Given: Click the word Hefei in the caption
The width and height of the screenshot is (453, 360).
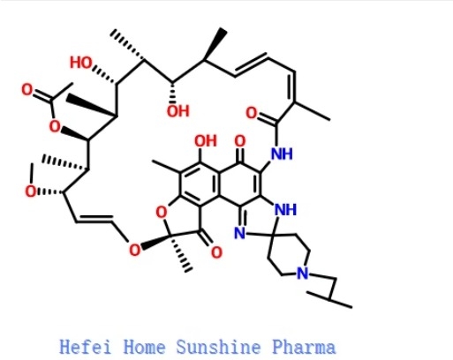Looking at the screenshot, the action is click(x=86, y=347).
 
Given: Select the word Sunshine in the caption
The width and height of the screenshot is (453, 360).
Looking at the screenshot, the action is click(x=218, y=347).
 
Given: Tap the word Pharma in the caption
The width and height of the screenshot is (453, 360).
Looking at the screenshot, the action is click(x=304, y=347).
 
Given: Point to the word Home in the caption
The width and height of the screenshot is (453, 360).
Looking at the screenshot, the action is click(x=144, y=347).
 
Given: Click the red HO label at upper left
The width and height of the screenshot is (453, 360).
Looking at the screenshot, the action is click(x=81, y=63).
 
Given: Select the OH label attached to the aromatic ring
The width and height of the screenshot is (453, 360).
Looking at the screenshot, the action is click(x=206, y=141).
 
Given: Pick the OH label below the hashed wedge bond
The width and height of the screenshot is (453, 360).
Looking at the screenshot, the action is click(x=178, y=111).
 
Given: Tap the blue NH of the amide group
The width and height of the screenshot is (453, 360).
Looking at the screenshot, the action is click(x=282, y=154).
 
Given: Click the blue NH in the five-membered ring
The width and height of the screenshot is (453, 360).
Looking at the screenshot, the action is click(x=285, y=210).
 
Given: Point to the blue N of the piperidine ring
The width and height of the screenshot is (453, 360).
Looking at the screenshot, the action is click(x=303, y=273).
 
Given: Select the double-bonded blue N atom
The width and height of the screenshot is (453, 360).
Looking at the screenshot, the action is click(x=240, y=234).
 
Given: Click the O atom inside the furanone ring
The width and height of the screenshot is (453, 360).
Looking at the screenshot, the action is click(x=162, y=213).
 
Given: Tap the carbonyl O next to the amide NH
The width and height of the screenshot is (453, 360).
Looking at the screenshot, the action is click(x=252, y=113).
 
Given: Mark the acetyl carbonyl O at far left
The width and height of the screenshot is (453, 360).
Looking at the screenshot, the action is click(x=27, y=90).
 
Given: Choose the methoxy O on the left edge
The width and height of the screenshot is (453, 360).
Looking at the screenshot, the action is click(x=31, y=191).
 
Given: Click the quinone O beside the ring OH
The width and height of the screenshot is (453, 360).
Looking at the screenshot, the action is click(x=240, y=141).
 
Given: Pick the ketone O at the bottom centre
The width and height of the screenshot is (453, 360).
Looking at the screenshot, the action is click(x=216, y=252).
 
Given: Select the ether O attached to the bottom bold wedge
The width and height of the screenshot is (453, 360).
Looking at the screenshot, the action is click(x=135, y=250).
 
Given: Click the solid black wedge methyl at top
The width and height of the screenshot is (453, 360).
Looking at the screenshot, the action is click(x=215, y=44).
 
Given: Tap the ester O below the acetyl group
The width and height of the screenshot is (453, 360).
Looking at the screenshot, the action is click(x=55, y=127).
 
